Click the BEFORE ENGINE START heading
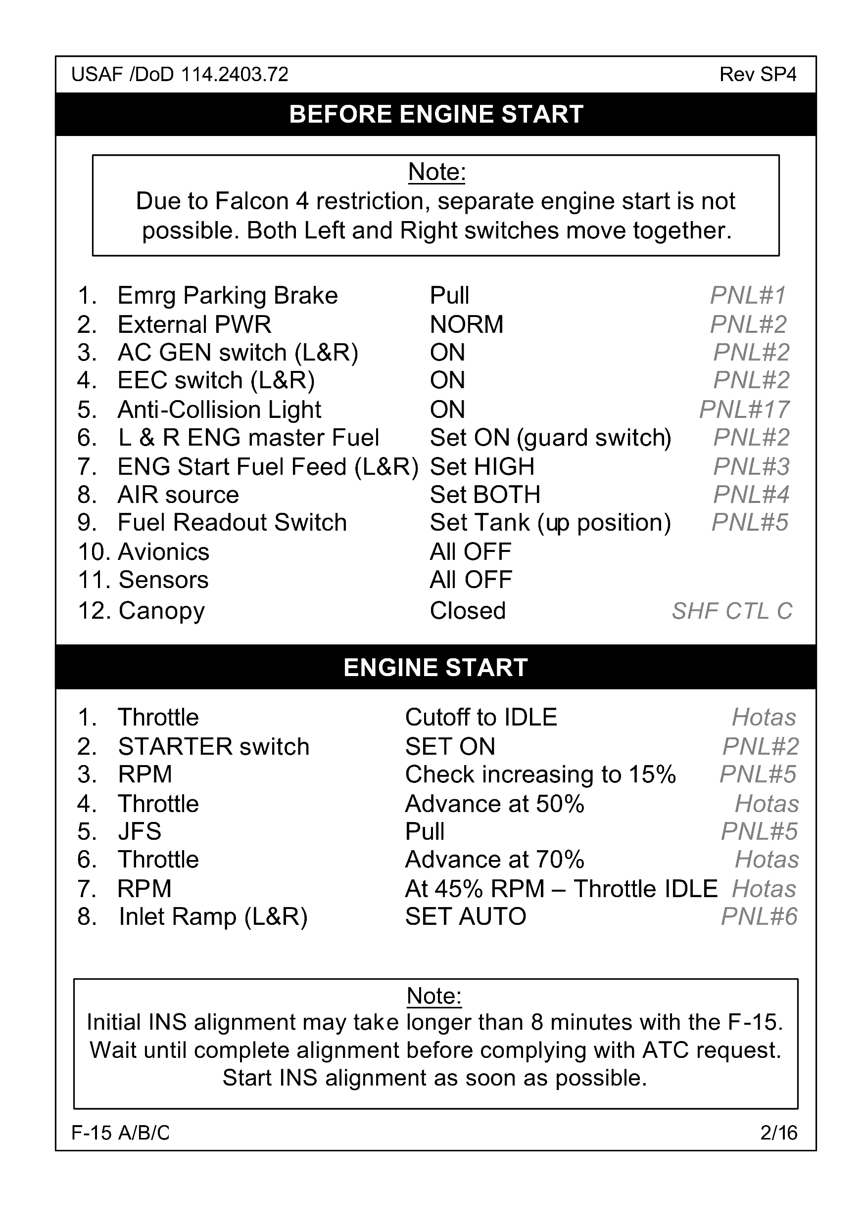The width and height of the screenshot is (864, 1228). [435, 114]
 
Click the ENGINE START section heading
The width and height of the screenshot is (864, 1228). [435, 668]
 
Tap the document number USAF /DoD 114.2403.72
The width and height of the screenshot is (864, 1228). [180, 74]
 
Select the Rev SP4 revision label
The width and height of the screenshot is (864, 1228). [758, 74]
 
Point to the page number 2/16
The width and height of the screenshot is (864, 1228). [778, 1133]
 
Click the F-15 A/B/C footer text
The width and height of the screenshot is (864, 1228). [120, 1133]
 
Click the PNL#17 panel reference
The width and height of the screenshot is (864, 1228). [744, 409]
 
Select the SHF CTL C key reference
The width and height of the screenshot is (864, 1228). [732, 611]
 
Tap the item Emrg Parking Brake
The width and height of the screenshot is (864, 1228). [227, 295]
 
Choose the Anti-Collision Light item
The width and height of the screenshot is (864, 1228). [219, 409]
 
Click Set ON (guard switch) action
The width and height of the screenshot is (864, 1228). [550, 438]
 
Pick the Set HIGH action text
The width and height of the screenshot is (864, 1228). [482, 466]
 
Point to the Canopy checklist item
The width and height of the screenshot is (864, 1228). [161, 611]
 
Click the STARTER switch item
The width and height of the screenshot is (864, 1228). [213, 747]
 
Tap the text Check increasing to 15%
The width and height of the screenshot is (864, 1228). [540, 774]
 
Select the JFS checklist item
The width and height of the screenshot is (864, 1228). [140, 831]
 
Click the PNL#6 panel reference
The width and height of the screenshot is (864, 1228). [759, 917]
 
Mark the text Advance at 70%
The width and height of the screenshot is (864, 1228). [495, 860]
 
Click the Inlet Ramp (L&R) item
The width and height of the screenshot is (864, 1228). [213, 917]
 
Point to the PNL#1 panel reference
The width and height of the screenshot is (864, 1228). [748, 295]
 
